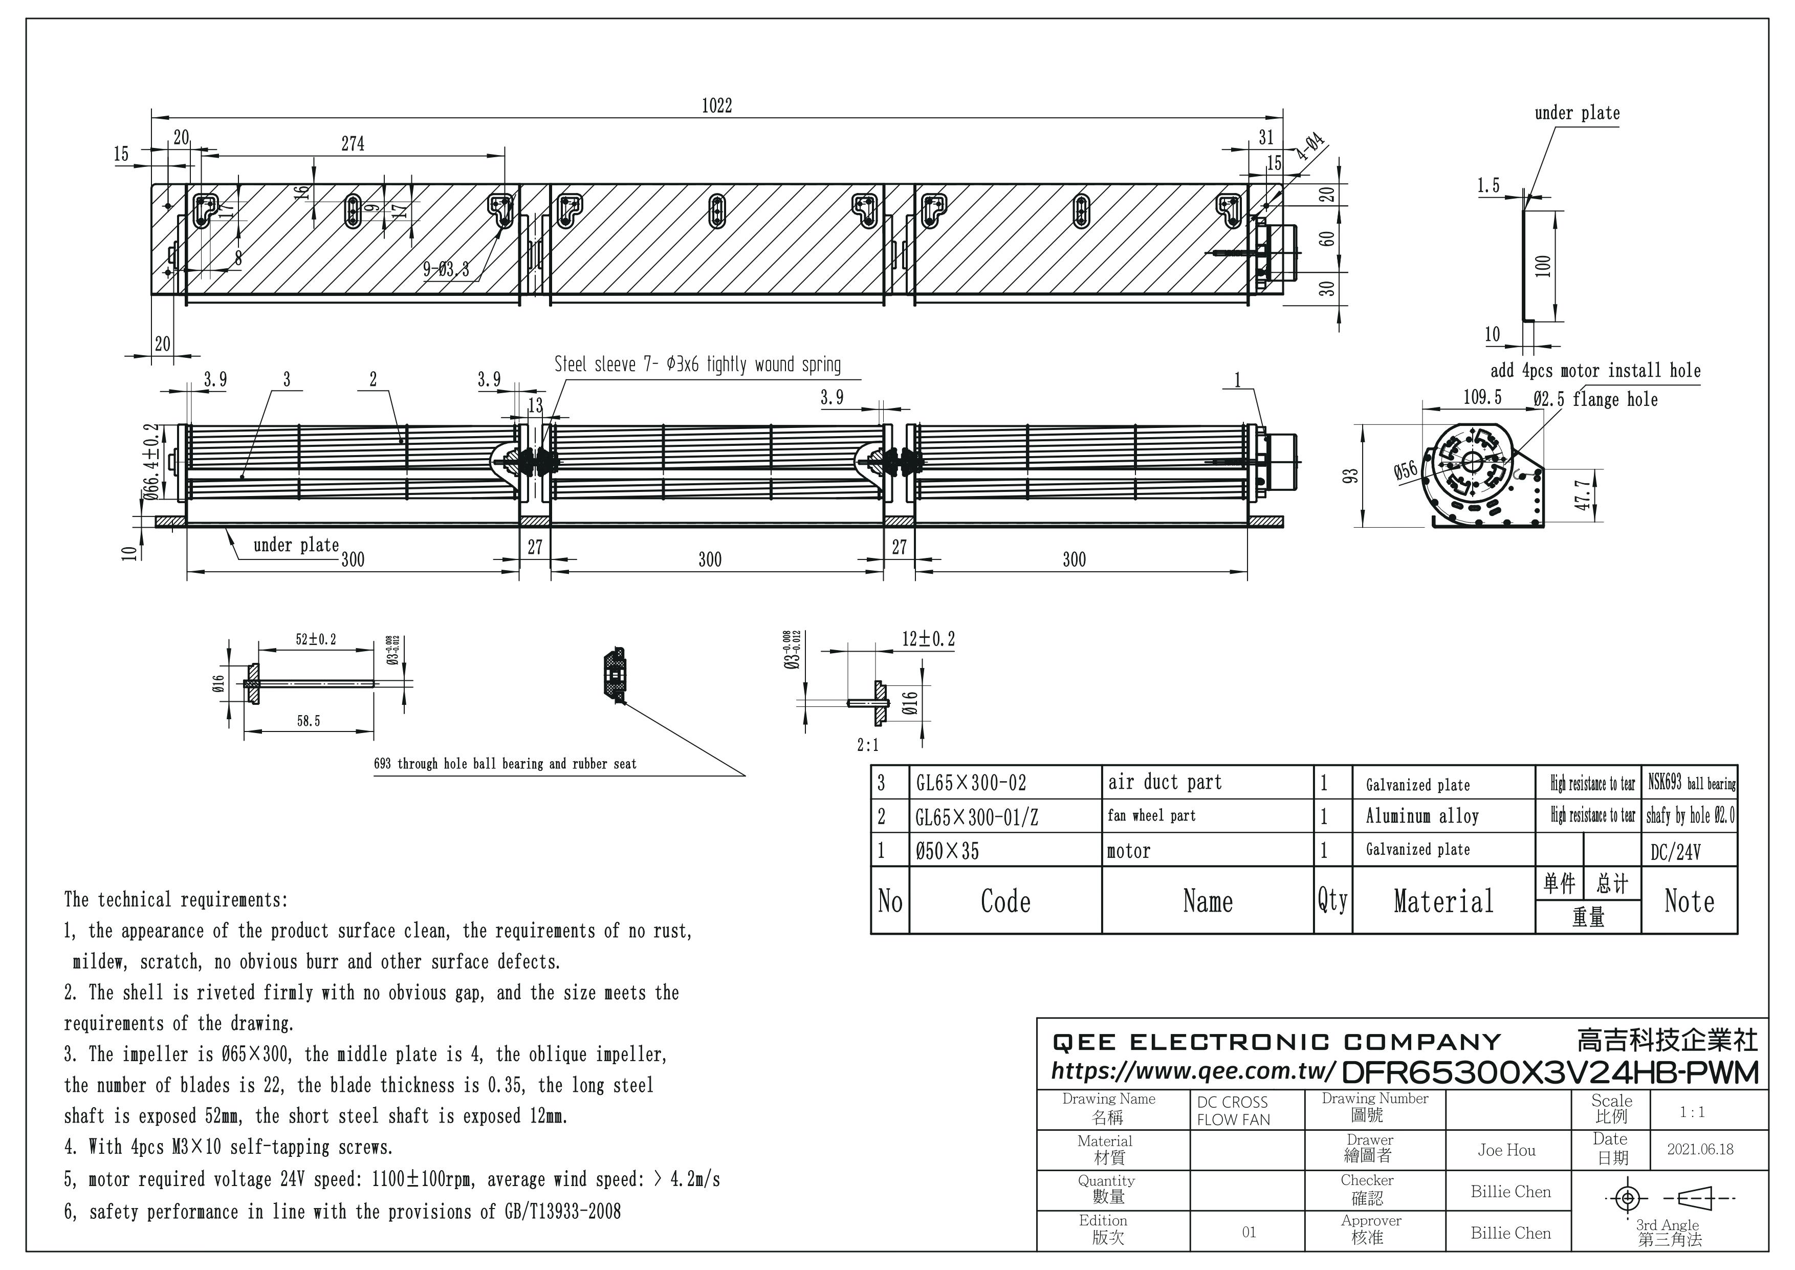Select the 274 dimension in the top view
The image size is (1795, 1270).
pyautogui.click(x=353, y=144)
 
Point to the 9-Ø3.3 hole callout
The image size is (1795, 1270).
pyautogui.click(x=446, y=270)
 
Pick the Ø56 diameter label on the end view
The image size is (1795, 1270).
pyautogui.click(x=1405, y=471)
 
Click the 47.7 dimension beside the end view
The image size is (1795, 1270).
pyautogui.click(x=1582, y=494)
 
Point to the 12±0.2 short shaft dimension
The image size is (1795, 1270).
pyautogui.click(x=928, y=639)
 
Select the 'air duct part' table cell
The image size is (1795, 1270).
pyautogui.click(x=1164, y=782)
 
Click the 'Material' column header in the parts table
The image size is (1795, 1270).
pyautogui.click(x=1443, y=901)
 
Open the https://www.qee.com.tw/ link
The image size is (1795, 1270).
pyautogui.click(x=1193, y=1070)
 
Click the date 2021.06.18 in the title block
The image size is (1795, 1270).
pyautogui.click(x=1700, y=1149)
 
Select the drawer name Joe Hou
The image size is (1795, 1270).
pyautogui.click(x=1506, y=1150)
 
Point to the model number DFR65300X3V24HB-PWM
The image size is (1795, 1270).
pyautogui.click(x=1550, y=1072)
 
